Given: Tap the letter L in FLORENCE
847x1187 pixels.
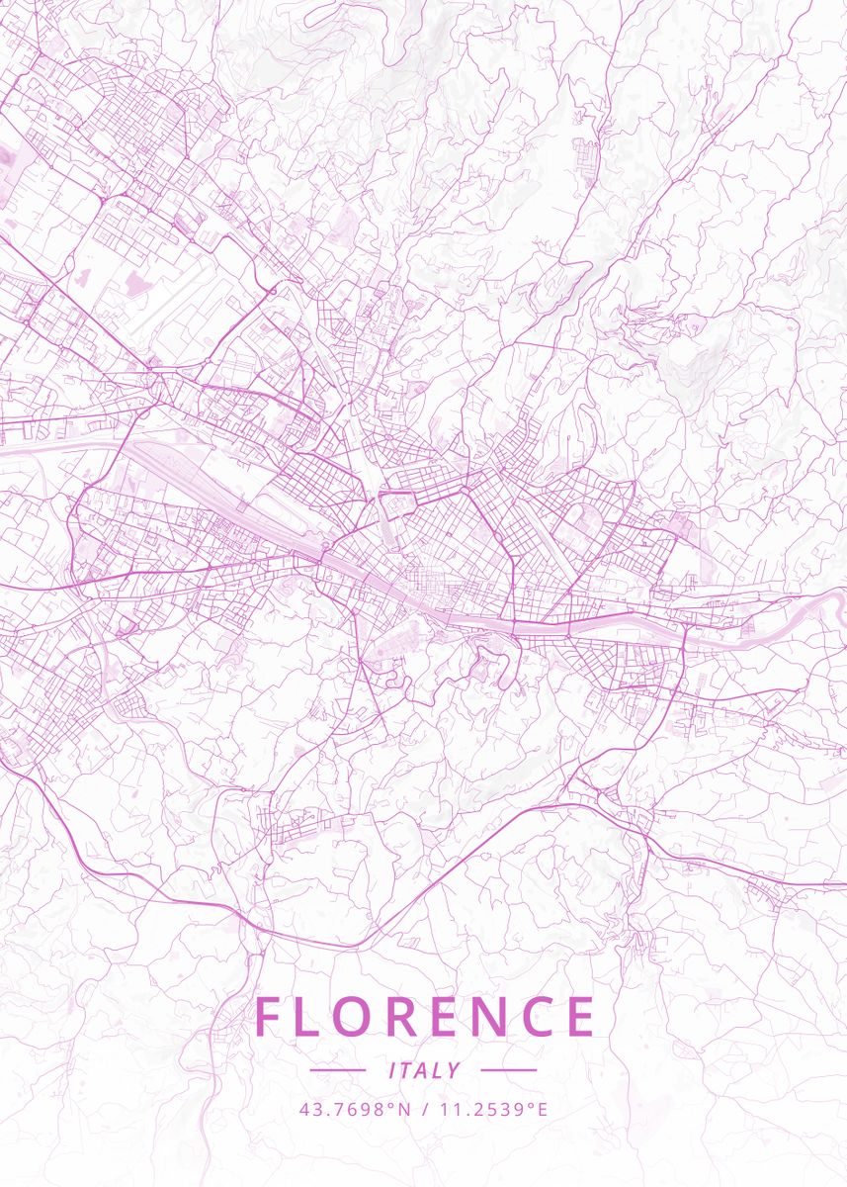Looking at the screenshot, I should pos(309,1017).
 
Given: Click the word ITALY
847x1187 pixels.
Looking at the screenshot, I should pos(425,1070).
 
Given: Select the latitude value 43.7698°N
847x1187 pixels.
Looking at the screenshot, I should pos(355,1109).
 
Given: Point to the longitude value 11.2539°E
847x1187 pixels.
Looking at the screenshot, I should pos(491,1109).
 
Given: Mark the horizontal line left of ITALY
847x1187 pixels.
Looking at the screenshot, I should pos(338,1070).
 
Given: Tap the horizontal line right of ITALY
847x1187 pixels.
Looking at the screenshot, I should pos(508,1070).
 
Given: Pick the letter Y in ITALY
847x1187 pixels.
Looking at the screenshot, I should pos(455,1070).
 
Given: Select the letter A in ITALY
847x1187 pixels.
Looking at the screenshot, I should pos(423,1070).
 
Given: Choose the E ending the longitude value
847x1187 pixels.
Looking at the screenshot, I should pos(541,1109).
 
